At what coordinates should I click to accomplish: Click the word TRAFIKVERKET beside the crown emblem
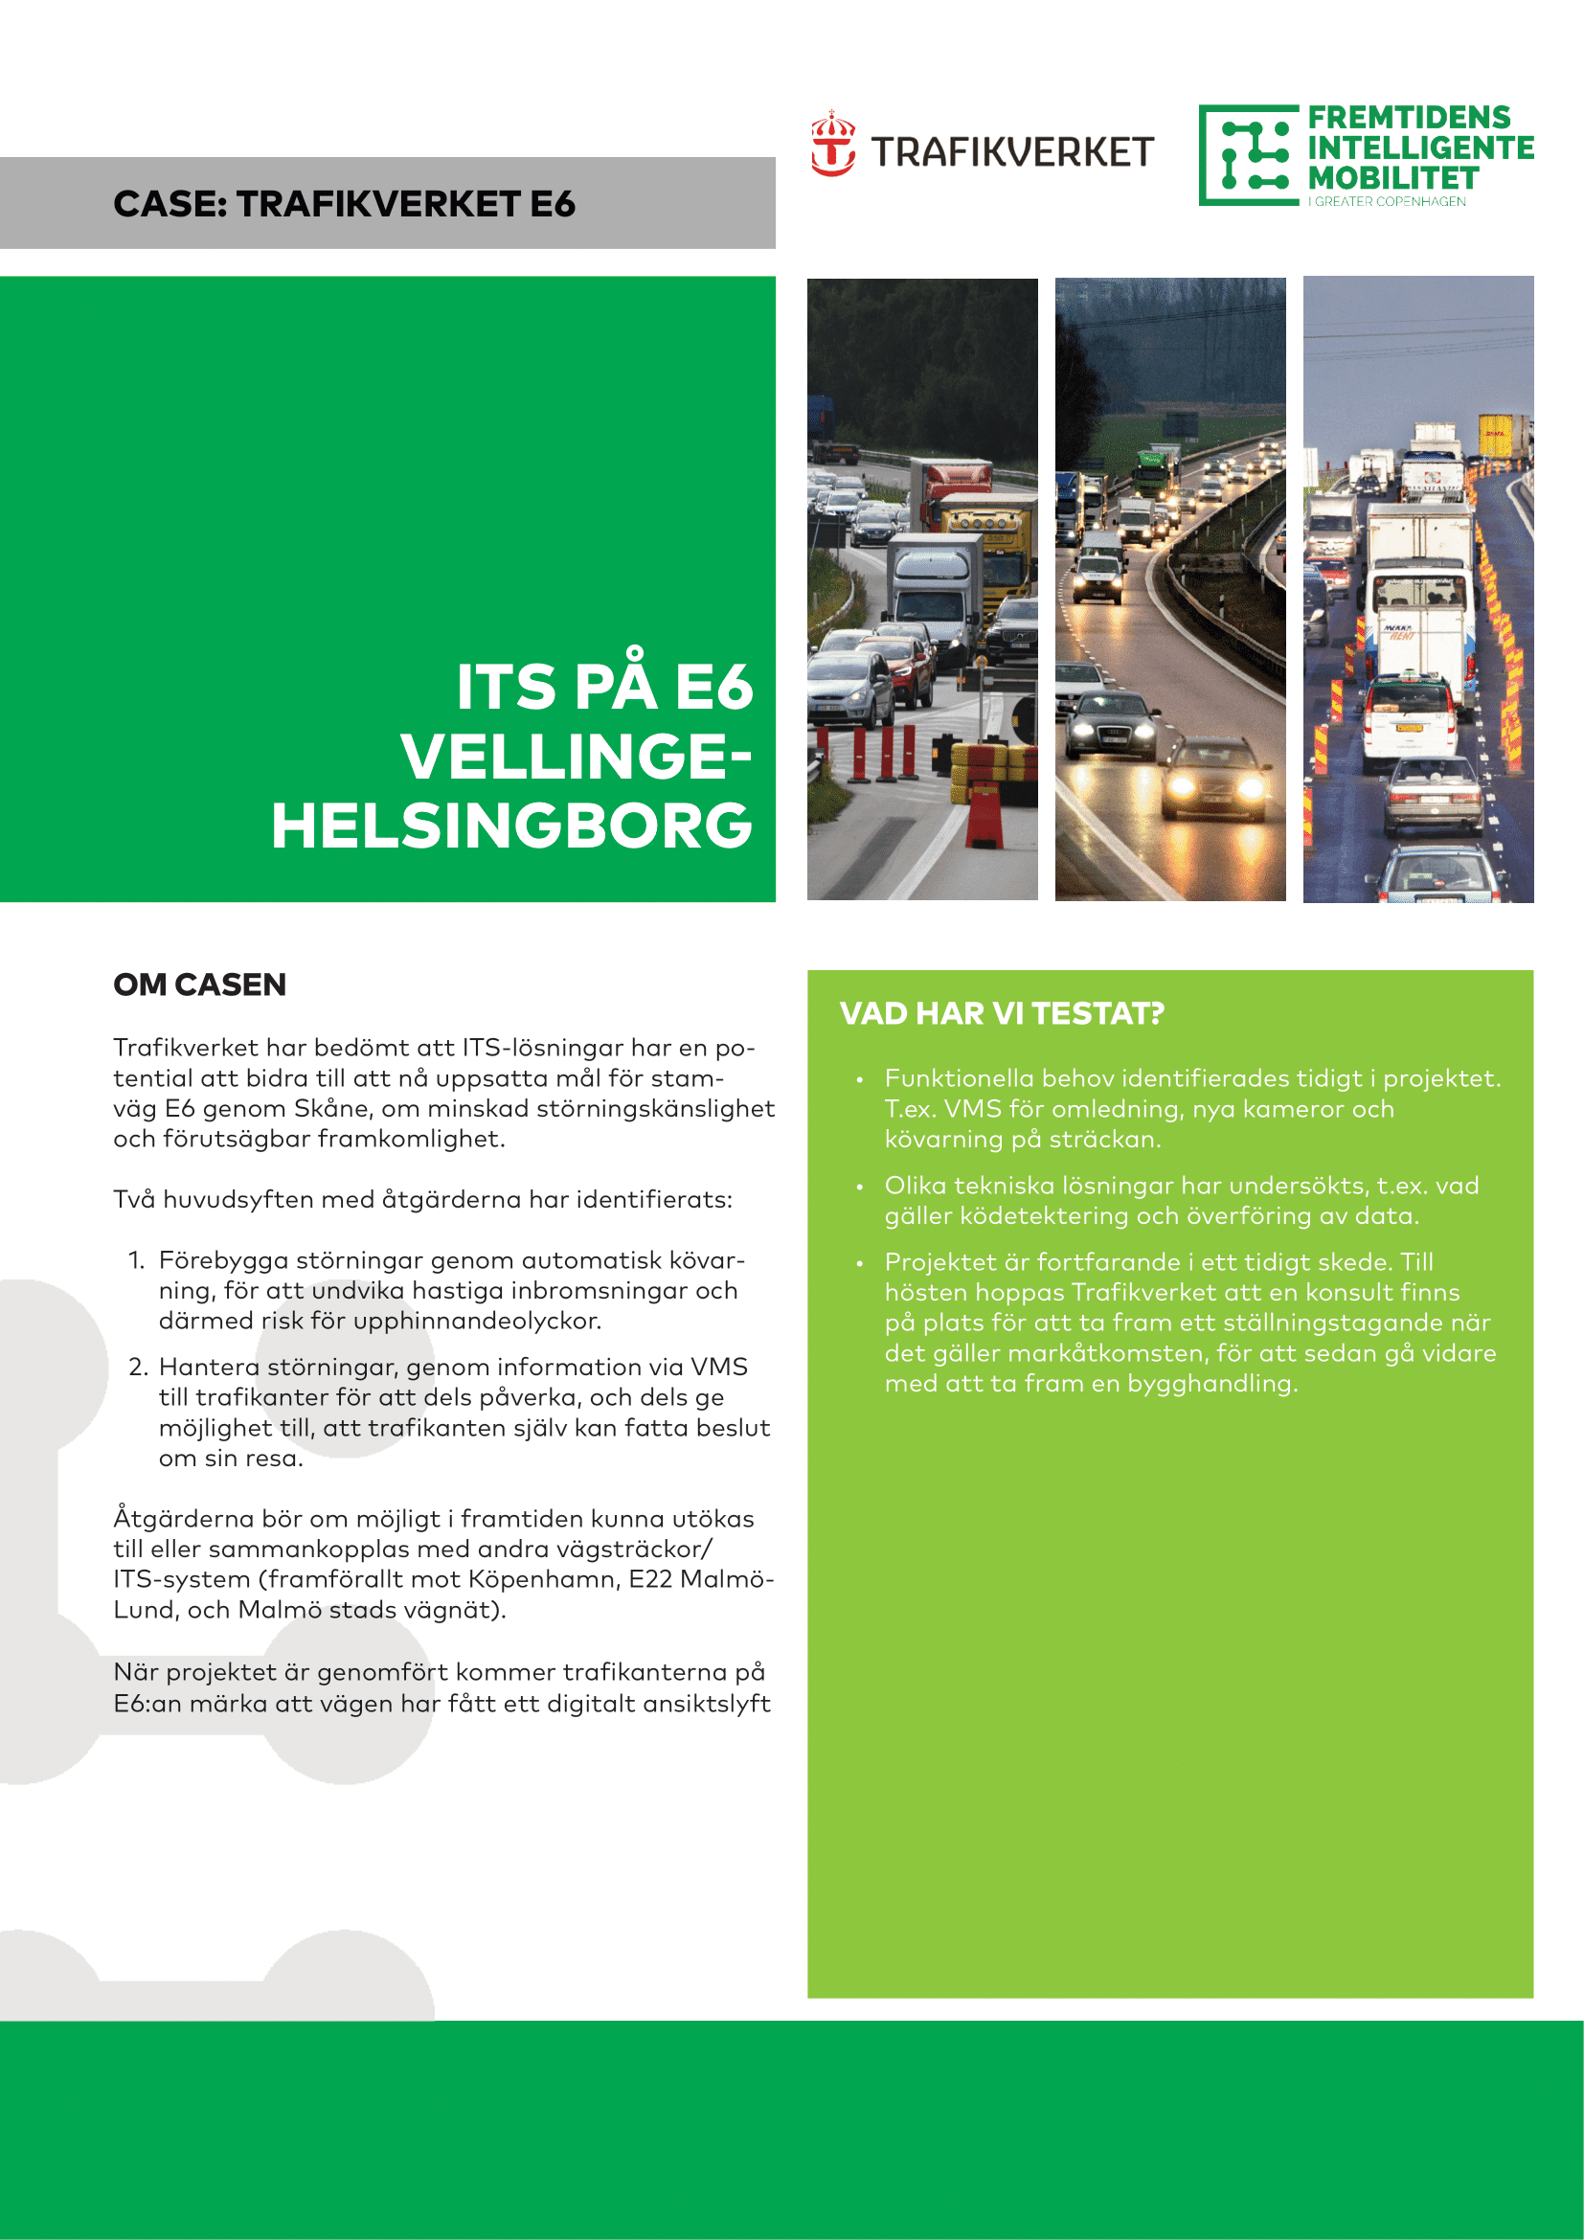1012,153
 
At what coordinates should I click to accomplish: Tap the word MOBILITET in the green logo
1392,178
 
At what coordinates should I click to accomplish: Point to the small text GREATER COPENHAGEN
1389,202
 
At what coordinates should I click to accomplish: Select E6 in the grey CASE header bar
552,204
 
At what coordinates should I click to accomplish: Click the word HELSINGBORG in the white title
512,826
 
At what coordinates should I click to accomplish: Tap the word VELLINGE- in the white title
576,758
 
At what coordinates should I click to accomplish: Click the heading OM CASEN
199,984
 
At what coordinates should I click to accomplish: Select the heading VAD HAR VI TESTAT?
1002,1013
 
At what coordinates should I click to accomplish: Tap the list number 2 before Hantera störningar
138,1367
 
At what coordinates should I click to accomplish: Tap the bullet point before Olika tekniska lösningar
859,1187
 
